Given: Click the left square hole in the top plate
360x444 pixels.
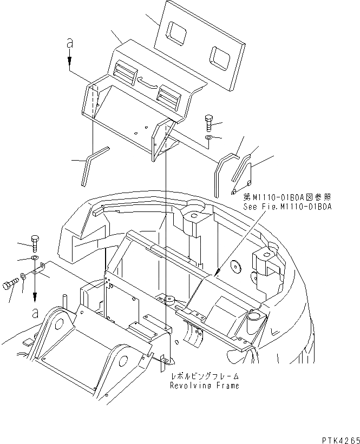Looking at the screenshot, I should pyautogui.click(x=177, y=32).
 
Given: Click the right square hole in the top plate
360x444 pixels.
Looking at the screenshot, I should pyautogui.click(x=221, y=56).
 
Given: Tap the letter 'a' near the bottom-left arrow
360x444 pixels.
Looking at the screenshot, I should pyautogui.click(x=35, y=312).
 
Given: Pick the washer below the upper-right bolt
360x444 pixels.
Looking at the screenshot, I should pyautogui.click(x=209, y=139).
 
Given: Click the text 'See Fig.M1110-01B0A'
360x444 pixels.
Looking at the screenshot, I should pyautogui.click(x=287, y=206).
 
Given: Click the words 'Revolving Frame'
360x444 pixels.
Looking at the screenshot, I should pyautogui.click(x=204, y=386).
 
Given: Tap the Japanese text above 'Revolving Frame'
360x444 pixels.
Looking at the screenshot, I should pyautogui.click(x=204, y=376).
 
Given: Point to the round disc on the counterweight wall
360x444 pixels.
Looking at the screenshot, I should pyautogui.click(x=235, y=266).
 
